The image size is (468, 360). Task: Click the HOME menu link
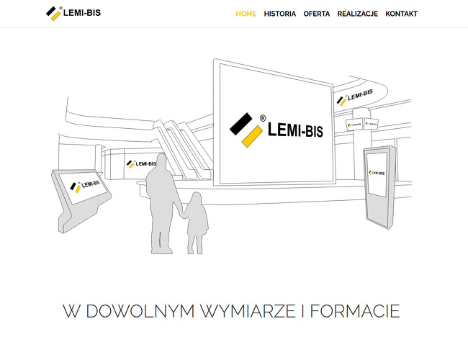pos(246,14)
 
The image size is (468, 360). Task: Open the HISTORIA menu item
pos(279,14)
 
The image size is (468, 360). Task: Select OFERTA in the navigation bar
pos(316,14)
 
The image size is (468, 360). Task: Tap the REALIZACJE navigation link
pos(358,14)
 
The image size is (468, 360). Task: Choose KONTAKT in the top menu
pos(401,14)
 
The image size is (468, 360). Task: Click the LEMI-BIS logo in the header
pos(73,13)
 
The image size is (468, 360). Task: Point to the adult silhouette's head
pos(161,161)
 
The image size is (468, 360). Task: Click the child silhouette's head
pos(196,199)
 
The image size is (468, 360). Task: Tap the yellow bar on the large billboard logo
pos(252,136)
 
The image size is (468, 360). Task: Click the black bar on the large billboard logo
pos(241,123)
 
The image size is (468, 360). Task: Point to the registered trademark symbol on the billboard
pos(263,119)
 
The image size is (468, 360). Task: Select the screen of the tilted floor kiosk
pos(83,186)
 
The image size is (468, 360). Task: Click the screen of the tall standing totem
pos(377,175)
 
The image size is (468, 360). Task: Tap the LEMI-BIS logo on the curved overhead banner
pos(354,97)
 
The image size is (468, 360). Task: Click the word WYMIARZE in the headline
pos(248,311)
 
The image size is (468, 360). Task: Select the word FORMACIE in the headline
pos(355,311)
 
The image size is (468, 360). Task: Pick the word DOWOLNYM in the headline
pos(140,311)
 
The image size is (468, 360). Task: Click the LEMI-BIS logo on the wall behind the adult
pos(141,164)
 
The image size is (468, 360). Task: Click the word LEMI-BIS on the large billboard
pos(295,130)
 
